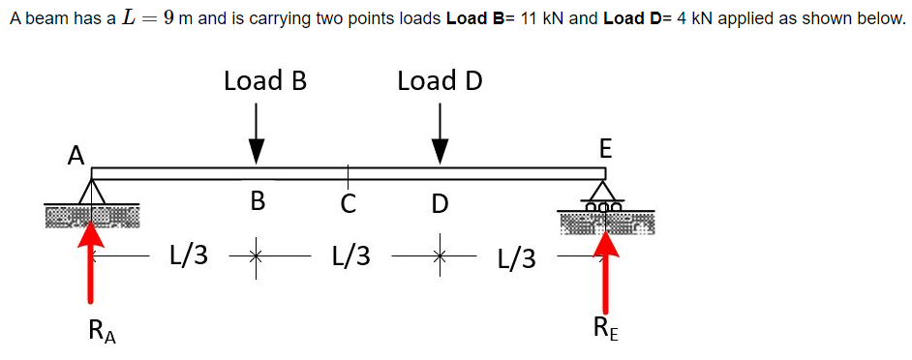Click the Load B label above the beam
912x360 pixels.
click(264, 80)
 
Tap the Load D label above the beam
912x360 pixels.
click(440, 80)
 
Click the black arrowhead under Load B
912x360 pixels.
click(257, 150)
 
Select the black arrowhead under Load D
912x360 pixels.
click(441, 150)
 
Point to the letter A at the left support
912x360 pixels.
click(75, 155)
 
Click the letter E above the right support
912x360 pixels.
click(605, 149)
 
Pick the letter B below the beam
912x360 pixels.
click(257, 201)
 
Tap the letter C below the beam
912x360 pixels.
click(349, 203)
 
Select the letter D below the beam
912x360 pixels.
click(441, 203)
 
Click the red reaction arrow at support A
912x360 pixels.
click(92, 261)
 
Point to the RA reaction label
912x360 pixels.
click(100, 332)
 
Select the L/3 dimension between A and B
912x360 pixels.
click(188, 256)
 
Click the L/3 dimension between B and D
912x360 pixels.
click(350, 256)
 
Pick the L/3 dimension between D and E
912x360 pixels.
click(516, 258)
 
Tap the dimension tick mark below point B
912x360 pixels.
click(257, 257)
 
